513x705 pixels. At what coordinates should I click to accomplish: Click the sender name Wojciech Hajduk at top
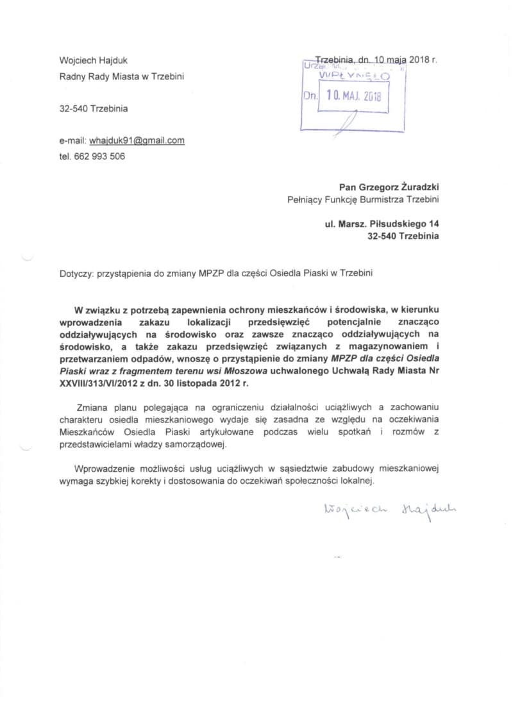93,61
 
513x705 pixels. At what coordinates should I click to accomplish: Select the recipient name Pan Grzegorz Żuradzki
389,187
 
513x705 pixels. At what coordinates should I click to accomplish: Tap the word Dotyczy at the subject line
75,272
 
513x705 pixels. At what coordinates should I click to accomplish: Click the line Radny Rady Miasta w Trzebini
121,77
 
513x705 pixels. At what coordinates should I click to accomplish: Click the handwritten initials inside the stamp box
346,122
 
